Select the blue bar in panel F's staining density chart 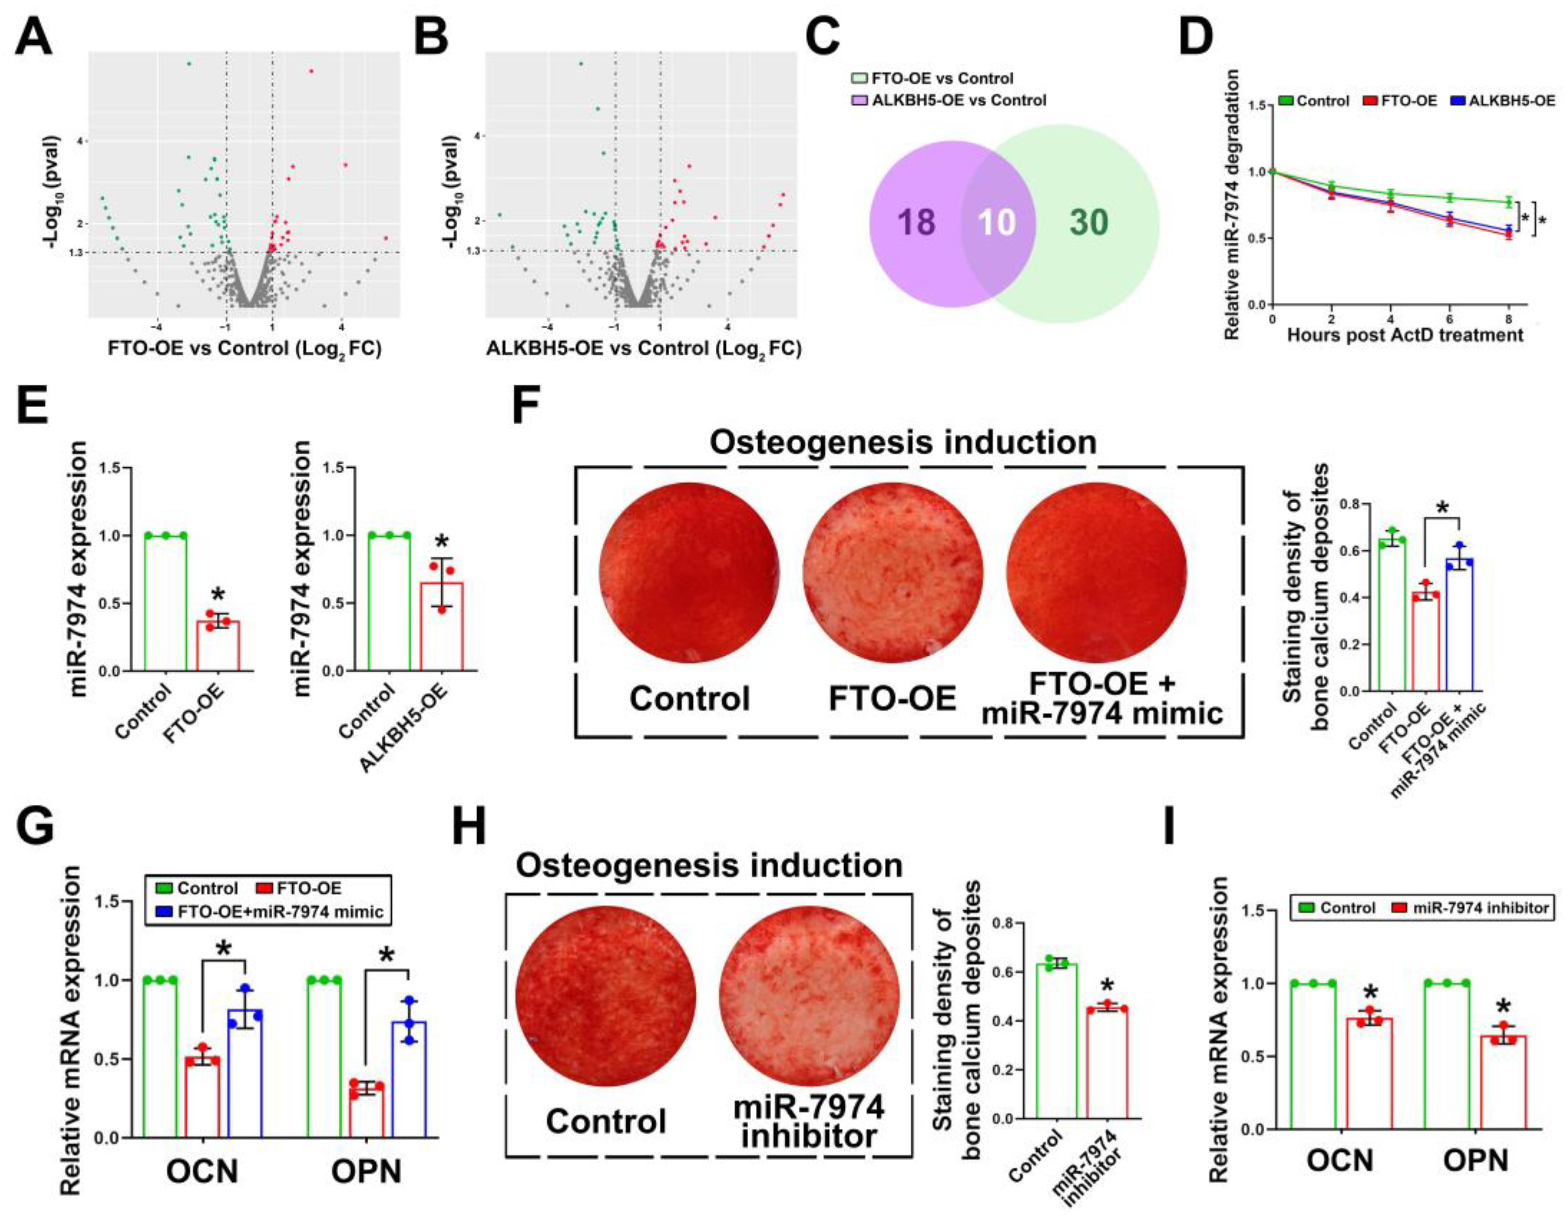pyautogui.click(x=1460, y=624)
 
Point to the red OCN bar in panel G pyautogui.click(x=203, y=1098)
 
